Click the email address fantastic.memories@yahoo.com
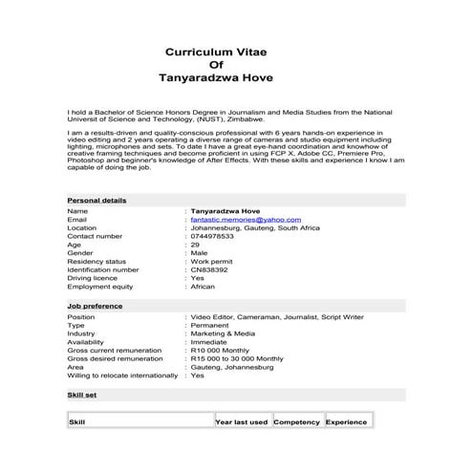click(x=246, y=219)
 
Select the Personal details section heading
click(x=97, y=200)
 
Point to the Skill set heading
click(x=81, y=393)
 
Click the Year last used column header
click(x=242, y=421)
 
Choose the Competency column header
click(x=296, y=421)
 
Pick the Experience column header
click(x=346, y=421)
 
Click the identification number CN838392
click(x=209, y=269)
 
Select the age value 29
click(x=195, y=245)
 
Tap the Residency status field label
click(x=97, y=261)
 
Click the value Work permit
click(x=212, y=261)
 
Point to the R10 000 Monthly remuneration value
click(x=221, y=351)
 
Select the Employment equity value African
click(x=204, y=287)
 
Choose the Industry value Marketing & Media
click(x=223, y=333)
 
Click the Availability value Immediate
click(x=209, y=342)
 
